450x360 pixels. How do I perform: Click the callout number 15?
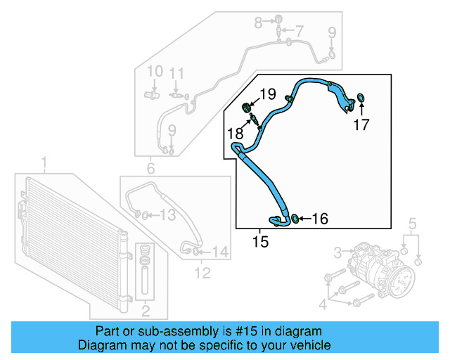click(x=260, y=243)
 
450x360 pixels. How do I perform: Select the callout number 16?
click(x=319, y=219)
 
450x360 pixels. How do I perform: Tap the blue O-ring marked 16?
click(x=295, y=219)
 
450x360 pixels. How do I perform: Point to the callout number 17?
click(x=361, y=126)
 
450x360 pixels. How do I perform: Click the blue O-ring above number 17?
click(x=361, y=96)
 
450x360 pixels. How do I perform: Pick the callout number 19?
click(x=268, y=94)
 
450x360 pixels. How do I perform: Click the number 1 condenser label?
click(x=45, y=165)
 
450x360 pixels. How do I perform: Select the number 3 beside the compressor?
click(x=337, y=251)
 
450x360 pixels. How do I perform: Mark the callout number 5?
click(x=413, y=225)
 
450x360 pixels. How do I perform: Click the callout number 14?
click(x=220, y=251)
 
